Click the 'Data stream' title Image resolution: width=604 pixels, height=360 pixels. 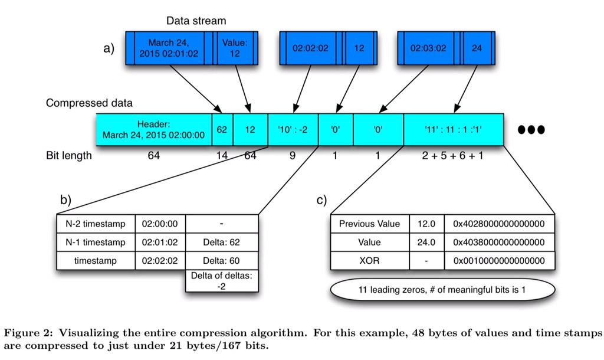click(x=196, y=21)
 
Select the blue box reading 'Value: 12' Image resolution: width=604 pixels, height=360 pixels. click(x=235, y=48)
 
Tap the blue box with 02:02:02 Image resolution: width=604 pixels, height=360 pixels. click(x=310, y=48)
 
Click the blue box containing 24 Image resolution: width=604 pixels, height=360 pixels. click(x=476, y=48)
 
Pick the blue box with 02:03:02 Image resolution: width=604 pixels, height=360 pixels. click(x=428, y=48)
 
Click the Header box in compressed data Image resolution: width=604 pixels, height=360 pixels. click(x=153, y=129)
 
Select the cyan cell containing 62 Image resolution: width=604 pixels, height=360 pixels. click(x=222, y=129)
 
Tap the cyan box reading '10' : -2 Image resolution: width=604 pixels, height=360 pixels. click(x=293, y=129)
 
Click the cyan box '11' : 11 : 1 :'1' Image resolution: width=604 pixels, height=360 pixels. click(x=453, y=129)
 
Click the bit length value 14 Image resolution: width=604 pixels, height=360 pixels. click(x=222, y=156)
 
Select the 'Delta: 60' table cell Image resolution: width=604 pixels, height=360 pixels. click(x=222, y=260)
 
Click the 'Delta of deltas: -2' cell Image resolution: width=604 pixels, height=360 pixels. click(x=222, y=281)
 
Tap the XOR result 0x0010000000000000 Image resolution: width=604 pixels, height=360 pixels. click(x=498, y=260)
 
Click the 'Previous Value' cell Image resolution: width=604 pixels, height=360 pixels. click(x=369, y=224)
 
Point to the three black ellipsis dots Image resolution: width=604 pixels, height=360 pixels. click(x=531, y=129)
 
